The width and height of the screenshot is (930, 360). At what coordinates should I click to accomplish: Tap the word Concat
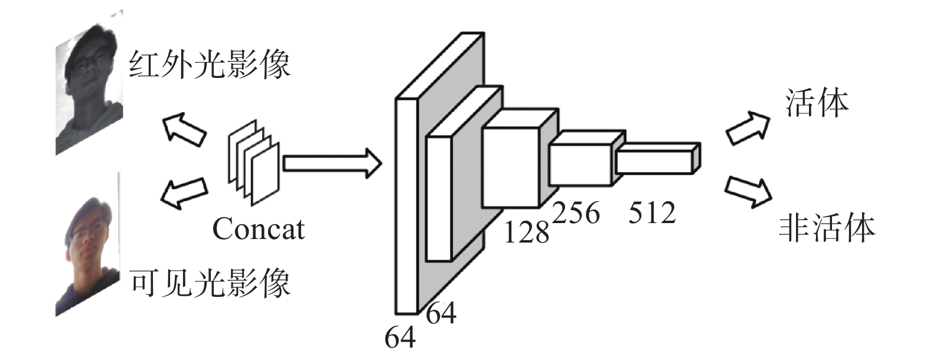click(x=258, y=229)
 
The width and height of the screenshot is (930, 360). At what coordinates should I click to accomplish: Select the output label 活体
click(x=817, y=103)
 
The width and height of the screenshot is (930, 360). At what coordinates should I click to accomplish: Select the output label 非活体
click(x=826, y=228)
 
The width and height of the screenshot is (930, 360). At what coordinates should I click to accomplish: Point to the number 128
click(x=526, y=232)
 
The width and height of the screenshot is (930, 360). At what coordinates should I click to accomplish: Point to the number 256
click(x=576, y=212)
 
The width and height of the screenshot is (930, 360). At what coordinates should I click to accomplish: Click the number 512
click(x=651, y=212)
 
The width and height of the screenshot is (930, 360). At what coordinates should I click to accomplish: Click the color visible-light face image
click(x=89, y=248)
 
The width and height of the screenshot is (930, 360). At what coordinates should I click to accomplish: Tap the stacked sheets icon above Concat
click(x=253, y=162)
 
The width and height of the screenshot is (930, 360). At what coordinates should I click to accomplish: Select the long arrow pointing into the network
click(x=332, y=163)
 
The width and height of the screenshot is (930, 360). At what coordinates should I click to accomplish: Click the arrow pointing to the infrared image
click(x=185, y=130)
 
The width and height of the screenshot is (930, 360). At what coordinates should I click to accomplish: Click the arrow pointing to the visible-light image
click(x=185, y=192)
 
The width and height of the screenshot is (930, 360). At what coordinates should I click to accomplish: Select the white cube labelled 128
click(x=511, y=159)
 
